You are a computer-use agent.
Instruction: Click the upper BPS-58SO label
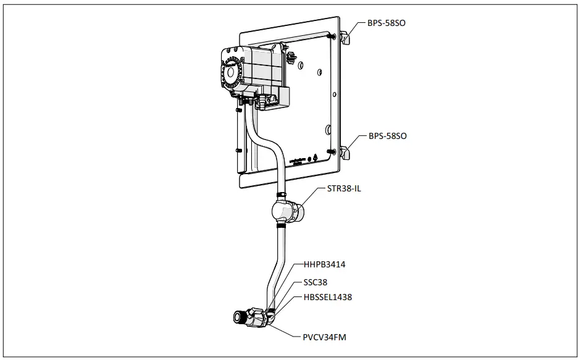tap(387, 23)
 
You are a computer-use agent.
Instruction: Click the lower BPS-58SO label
tap(387, 135)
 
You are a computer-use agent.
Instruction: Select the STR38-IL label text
tap(344, 188)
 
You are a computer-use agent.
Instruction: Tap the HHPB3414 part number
tap(324, 265)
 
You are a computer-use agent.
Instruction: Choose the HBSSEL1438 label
tap(327, 297)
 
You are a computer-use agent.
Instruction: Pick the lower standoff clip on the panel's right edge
tap(346, 151)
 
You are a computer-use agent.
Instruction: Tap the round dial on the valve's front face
tap(230, 72)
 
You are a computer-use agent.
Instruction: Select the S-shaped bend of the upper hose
tap(262, 138)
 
